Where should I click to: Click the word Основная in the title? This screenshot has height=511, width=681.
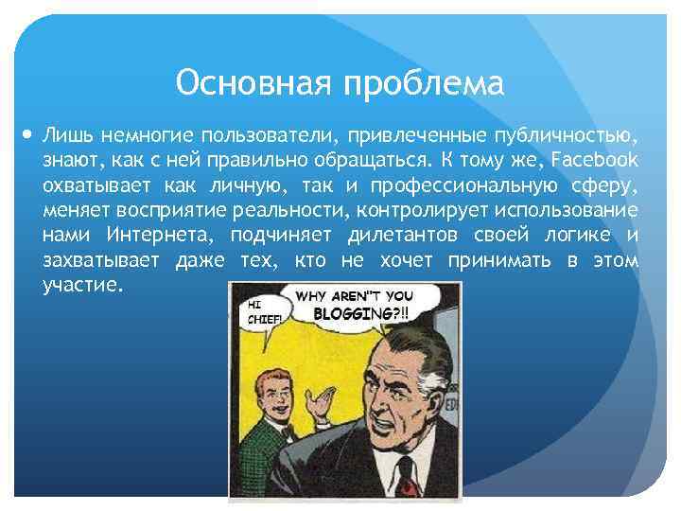point(254,83)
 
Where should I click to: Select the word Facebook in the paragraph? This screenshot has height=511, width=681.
point(593,160)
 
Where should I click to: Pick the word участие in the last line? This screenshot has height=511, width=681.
point(82,285)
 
